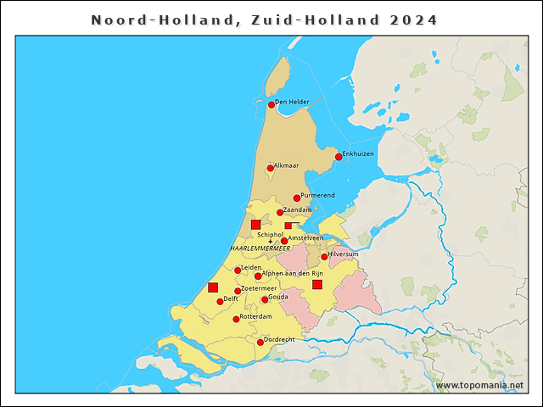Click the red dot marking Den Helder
point(271,105)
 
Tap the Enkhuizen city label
point(358,153)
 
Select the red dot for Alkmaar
point(271,168)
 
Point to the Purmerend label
point(318,196)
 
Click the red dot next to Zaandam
point(280,213)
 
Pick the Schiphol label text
point(270,234)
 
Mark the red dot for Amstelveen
point(284,241)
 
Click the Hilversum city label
point(346,254)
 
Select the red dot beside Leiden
point(238,270)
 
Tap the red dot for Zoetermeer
point(238,291)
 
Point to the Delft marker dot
point(220,301)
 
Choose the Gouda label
point(279,297)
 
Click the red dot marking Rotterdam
point(236,319)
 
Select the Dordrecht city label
point(279,339)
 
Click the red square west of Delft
point(213,287)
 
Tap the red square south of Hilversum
point(317,284)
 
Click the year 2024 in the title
point(414,20)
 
